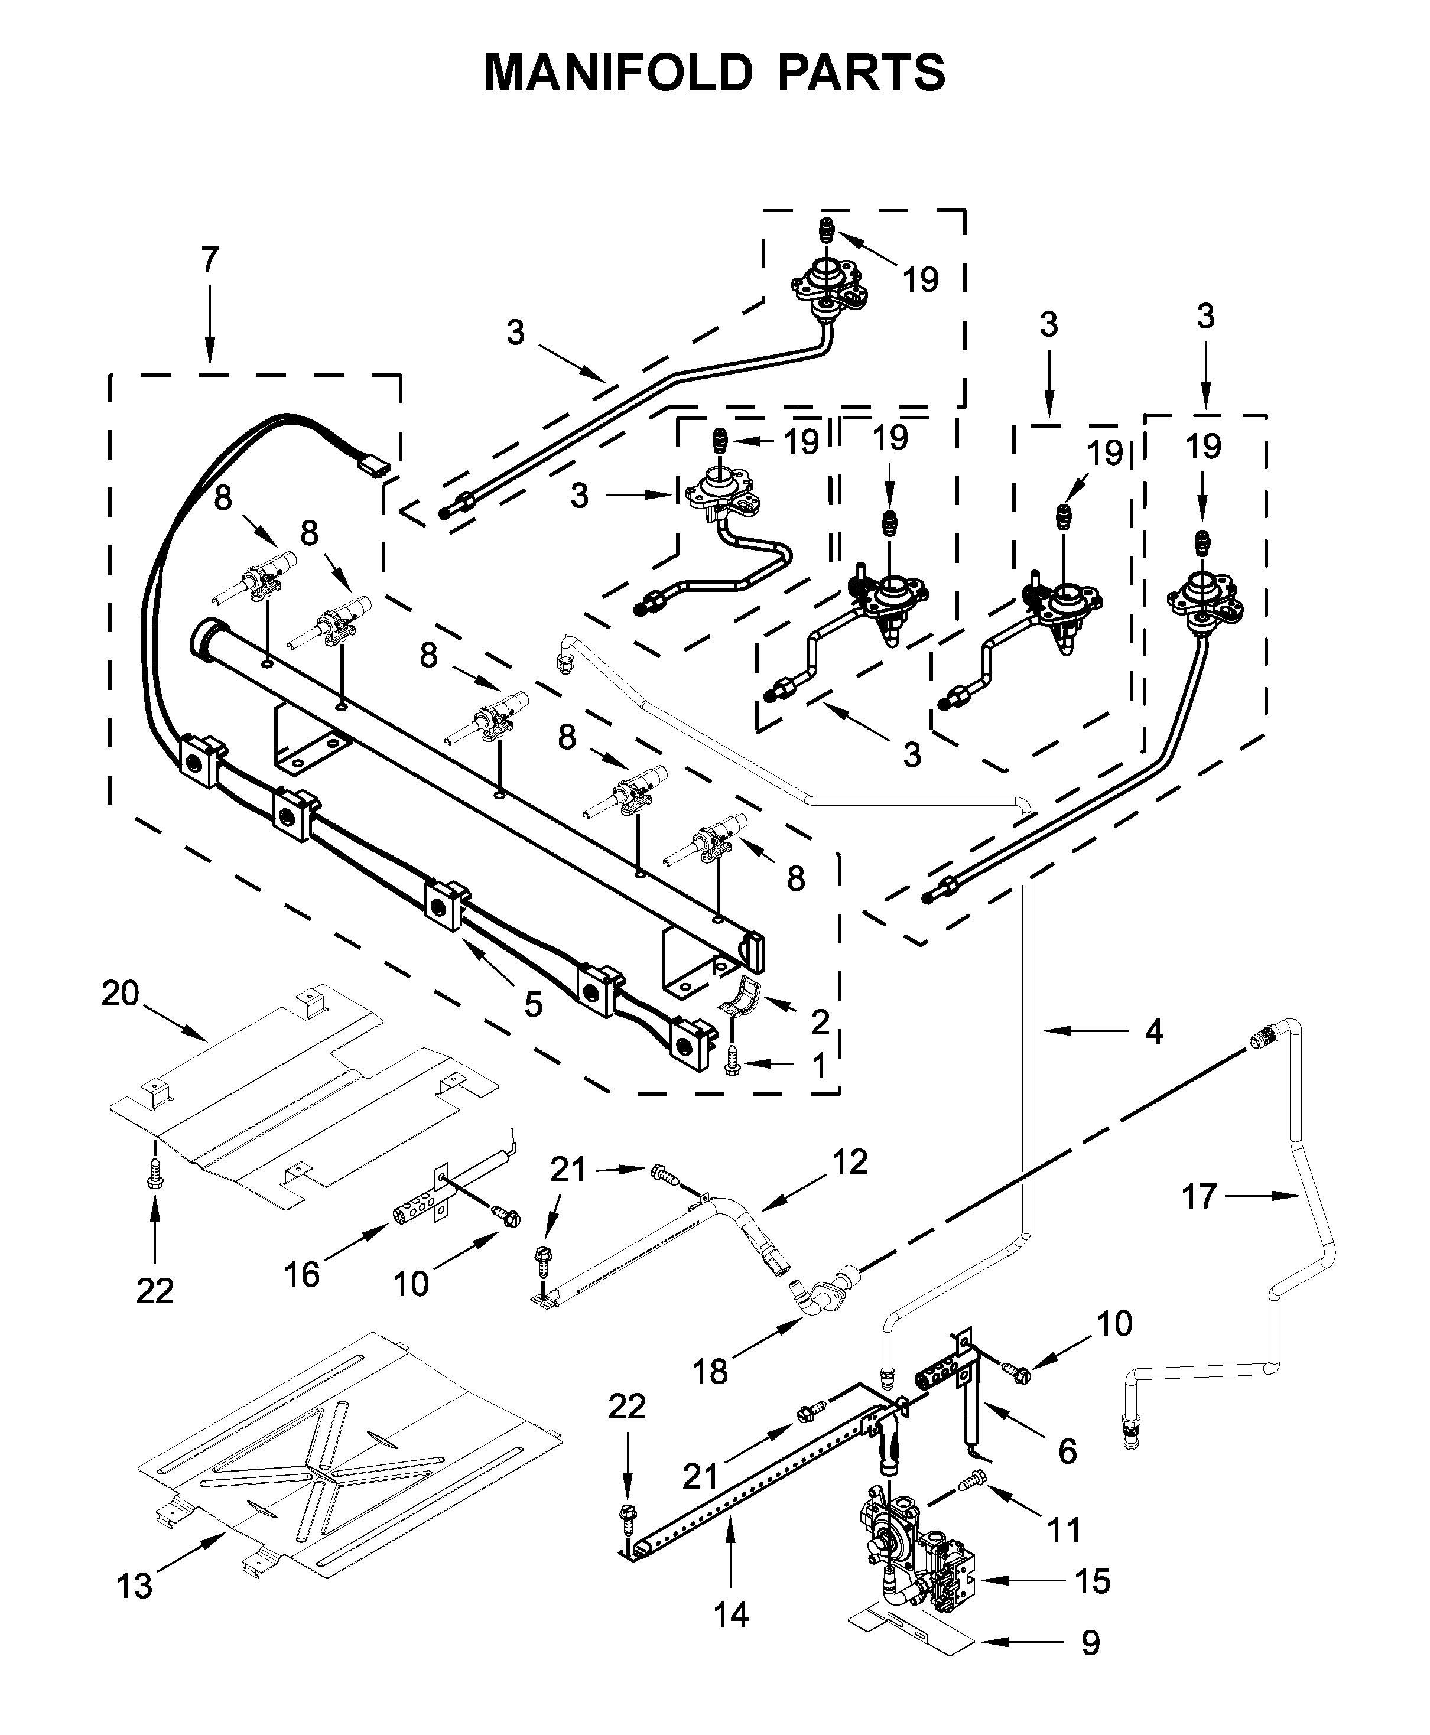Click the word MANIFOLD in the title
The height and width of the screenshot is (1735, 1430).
point(618,73)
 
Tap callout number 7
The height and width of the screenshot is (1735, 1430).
point(210,260)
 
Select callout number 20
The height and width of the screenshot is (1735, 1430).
point(121,994)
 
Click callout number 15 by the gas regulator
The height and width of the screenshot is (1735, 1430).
point(1093,1581)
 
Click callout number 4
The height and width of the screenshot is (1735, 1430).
point(1154,1031)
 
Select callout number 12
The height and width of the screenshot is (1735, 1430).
point(850,1162)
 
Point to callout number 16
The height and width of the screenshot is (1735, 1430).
point(301,1275)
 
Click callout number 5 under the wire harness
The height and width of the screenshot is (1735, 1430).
point(533,1005)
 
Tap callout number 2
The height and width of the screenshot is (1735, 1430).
point(819,1022)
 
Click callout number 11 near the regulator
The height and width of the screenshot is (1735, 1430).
point(1064,1530)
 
